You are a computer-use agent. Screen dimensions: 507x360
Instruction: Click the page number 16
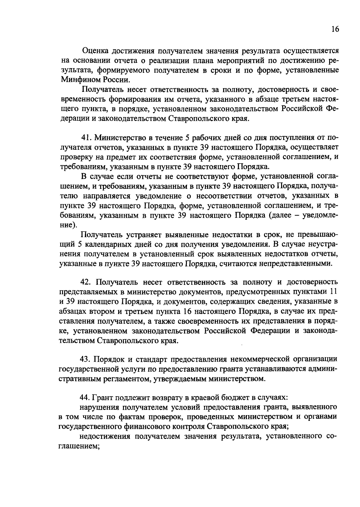[x=335, y=29]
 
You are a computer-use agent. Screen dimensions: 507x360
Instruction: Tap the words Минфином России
[x=96, y=80]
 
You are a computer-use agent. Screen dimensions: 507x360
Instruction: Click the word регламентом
[x=122, y=379]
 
